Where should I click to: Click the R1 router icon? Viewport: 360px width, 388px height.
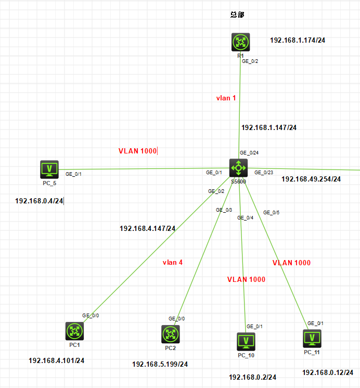click(x=240, y=42)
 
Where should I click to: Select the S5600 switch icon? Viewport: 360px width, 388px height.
click(x=239, y=167)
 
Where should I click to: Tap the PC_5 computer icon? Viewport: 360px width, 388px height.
click(x=49, y=169)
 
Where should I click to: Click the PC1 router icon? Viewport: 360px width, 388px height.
click(x=74, y=331)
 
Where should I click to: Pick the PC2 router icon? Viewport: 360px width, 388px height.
click(x=170, y=333)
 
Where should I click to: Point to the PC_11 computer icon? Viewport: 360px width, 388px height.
click(x=312, y=338)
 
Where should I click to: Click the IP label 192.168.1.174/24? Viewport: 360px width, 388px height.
click(x=298, y=40)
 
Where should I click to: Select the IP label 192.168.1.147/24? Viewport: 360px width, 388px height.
click(x=269, y=127)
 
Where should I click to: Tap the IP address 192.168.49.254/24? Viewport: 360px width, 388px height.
click(x=311, y=179)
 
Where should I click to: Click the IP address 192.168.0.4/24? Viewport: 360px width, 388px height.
click(x=40, y=201)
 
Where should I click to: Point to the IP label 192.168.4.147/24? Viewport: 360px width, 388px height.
click(x=148, y=228)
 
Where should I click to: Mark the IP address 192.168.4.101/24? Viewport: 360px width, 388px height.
click(x=57, y=360)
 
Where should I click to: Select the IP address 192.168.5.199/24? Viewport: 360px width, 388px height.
click(x=160, y=364)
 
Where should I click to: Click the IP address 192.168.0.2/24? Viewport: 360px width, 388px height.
click(x=252, y=377)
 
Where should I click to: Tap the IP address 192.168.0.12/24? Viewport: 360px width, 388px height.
click(x=328, y=372)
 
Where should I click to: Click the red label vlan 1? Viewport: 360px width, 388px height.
click(x=226, y=98)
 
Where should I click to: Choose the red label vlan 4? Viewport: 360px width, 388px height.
click(x=173, y=263)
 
